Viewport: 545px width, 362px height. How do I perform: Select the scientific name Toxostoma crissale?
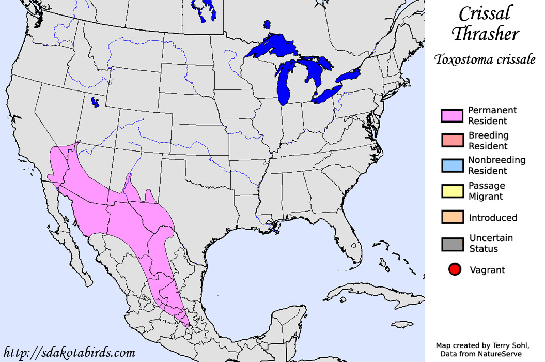pos(484,59)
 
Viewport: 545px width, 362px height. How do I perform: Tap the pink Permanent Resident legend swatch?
pos(452,116)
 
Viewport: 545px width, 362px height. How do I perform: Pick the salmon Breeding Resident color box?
pos(452,141)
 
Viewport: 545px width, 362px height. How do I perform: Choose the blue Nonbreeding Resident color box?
pos(452,165)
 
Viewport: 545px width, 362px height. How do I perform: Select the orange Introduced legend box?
pos(452,217)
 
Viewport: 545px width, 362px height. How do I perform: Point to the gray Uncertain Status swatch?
pos(452,244)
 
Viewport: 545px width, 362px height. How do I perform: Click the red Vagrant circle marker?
pos(455,269)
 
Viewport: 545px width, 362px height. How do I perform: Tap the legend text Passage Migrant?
pos(486,191)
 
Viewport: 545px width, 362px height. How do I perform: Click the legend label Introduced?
pos(493,218)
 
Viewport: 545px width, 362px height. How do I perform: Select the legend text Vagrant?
pos(487,270)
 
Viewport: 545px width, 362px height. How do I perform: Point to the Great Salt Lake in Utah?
pos(94,102)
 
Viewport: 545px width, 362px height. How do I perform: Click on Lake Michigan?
pos(284,83)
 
